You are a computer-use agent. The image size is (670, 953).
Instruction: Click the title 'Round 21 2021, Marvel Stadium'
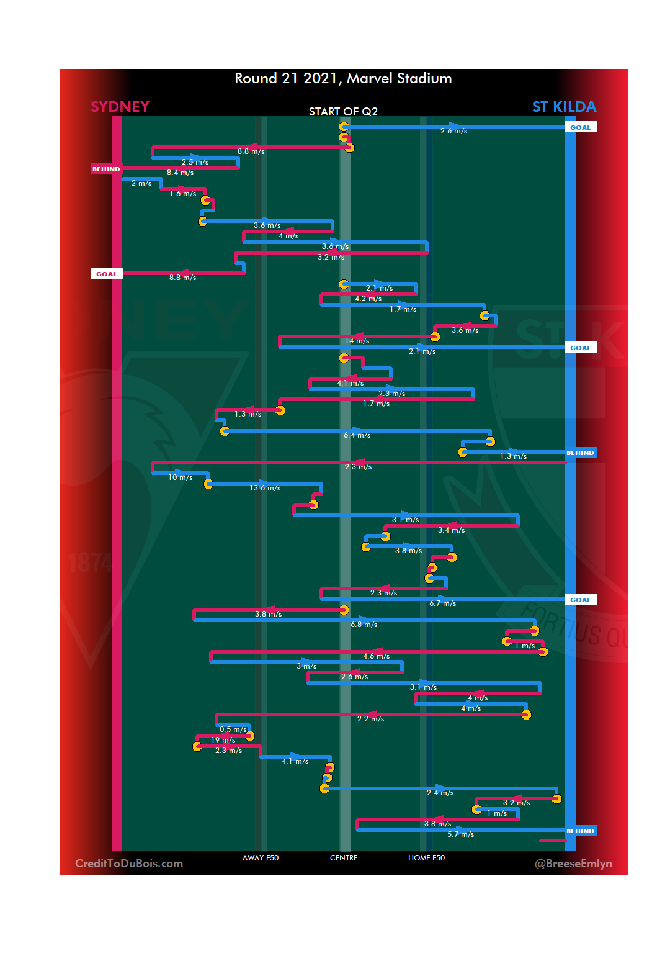click(x=343, y=79)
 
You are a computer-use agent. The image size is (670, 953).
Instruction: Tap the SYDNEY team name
click(x=120, y=107)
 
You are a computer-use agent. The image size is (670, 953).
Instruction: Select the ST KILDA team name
click(x=564, y=107)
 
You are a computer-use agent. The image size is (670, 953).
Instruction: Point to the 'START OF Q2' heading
click(x=343, y=112)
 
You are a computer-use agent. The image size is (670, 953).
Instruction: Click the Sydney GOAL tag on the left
click(x=106, y=274)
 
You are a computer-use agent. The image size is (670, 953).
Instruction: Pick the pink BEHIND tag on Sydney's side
click(x=106, y=169)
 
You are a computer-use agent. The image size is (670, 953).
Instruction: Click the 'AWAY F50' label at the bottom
click(x=261, y=858)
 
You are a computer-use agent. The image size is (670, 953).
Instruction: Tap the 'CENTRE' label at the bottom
click(x=344, y=858)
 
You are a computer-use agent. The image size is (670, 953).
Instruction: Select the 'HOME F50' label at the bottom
click(x=426, y=858)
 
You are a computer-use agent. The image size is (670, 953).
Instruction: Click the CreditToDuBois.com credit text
click(x=129, y=864)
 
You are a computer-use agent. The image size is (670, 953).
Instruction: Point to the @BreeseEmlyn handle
click(x=573, y=864)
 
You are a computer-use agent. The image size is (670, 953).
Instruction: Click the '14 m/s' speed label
click(x=357, y=341)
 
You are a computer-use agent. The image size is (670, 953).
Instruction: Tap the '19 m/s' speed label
click(x=223, y=740)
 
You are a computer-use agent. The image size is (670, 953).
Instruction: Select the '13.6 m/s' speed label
click(x=265, y=488)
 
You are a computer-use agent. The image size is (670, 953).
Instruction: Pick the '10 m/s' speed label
click(x=181, y=477)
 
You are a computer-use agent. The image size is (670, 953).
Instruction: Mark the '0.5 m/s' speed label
click(x=233, y=729)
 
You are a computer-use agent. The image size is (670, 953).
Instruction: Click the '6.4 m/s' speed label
click(x=357, y=435)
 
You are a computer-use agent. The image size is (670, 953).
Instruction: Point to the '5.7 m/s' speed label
click(x=460, y=834)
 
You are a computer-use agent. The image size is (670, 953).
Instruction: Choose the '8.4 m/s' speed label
click(x=181, y=173)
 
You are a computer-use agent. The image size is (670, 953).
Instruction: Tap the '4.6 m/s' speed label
click(x=377, y=656)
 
